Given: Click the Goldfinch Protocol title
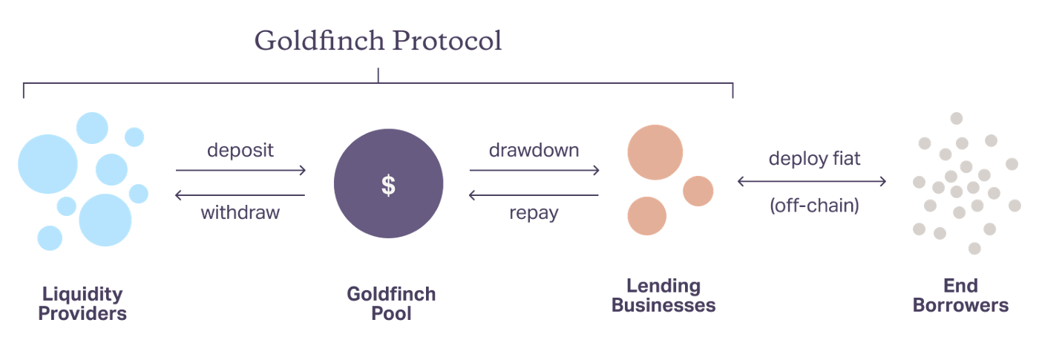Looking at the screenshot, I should point(378,42).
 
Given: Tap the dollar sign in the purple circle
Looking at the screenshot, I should point(388,185).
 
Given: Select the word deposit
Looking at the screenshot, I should point(240,150).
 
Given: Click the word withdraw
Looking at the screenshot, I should point(240,213).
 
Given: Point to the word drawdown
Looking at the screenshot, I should point(534,150).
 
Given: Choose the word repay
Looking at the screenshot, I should point(534,214).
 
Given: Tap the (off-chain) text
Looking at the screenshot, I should point(814,206).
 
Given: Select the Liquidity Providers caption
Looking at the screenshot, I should point(82,303).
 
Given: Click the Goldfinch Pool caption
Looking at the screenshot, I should point(391,303).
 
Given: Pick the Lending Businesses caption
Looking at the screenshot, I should point(663,295).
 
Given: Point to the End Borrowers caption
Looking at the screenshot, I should point(960,295).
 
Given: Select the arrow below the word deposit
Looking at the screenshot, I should point(240,171).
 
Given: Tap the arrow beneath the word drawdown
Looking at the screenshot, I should point(534,171).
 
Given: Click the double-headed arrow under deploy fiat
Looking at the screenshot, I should point(812,181).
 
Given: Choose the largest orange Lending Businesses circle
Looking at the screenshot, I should point(655,152).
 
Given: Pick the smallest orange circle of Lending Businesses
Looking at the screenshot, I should point(698,191).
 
